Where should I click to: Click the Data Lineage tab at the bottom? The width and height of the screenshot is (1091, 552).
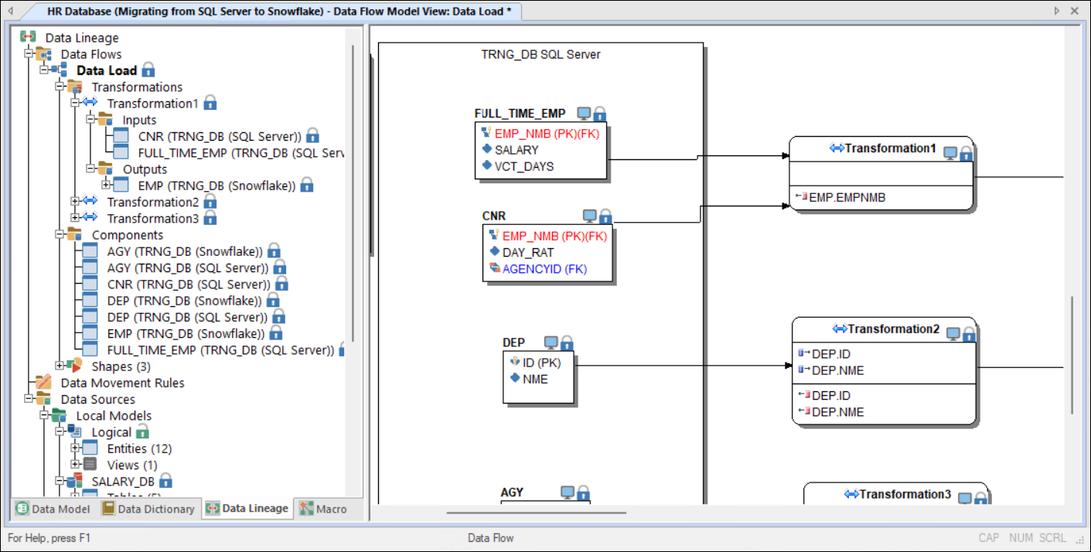coord(247,509)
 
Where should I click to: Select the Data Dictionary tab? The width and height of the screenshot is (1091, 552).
coord(148,509)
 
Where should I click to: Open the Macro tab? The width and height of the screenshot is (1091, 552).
coord(324,509)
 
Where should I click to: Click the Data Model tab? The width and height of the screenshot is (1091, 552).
coord(53,509)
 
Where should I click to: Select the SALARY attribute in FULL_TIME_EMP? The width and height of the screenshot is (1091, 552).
coord(517,150)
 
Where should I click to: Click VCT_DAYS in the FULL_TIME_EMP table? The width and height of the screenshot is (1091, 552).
coord(524,167)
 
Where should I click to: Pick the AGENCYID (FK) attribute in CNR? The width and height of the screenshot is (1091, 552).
coord(544,269)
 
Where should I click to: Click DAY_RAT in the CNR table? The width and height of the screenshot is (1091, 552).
coord(528,252)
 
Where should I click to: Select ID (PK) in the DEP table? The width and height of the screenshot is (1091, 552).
coord(541,363)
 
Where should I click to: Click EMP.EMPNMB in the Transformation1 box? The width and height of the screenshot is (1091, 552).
coord(847,197)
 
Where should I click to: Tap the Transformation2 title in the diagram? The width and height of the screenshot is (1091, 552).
coord(893,329)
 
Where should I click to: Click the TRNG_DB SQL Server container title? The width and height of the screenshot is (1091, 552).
coord(540,55)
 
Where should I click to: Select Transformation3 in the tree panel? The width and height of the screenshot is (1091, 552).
coord(153,219)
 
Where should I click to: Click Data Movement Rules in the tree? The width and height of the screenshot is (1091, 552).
coord(122,383)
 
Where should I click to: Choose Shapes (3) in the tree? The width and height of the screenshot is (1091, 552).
coord(121,366)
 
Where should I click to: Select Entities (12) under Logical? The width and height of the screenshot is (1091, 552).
coord(139,448)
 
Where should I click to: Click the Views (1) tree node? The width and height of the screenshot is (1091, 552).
coord(132,465)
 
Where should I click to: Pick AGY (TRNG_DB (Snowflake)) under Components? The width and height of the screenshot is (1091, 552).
coord(185,251)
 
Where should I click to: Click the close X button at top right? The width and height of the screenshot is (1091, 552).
coord(1075,11)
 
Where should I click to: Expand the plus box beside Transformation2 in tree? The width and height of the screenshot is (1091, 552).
coord(74,201)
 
